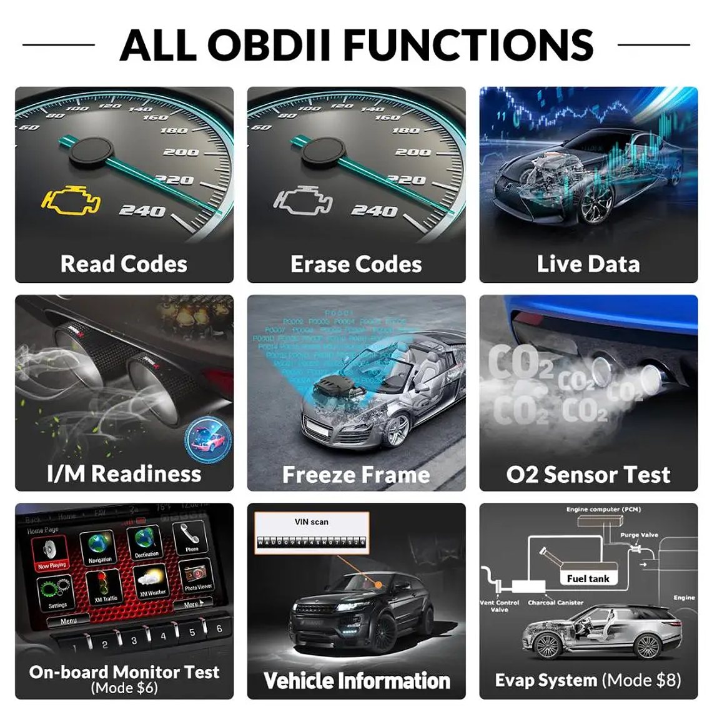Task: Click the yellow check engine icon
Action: (x=71, y=200)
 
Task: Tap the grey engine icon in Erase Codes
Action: (x=303, y=200)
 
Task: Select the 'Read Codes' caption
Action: (x=124, y=264)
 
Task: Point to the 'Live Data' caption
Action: (x=588, y=264)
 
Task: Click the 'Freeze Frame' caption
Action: (x=356, y=475)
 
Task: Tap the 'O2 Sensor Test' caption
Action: (x=588, y=475)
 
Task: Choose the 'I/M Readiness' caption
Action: (x=124, y=473)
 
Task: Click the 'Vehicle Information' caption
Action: (x=357, y=681)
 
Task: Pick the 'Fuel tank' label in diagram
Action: (x=588, y=578)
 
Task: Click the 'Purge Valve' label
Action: (x=639, y=535)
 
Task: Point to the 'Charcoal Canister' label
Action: (x=555, y=603)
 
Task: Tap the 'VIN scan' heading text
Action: (x=312, y=522)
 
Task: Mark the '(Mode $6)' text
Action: (x=124, y=688)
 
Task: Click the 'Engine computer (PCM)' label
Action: (x=603, y=510)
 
